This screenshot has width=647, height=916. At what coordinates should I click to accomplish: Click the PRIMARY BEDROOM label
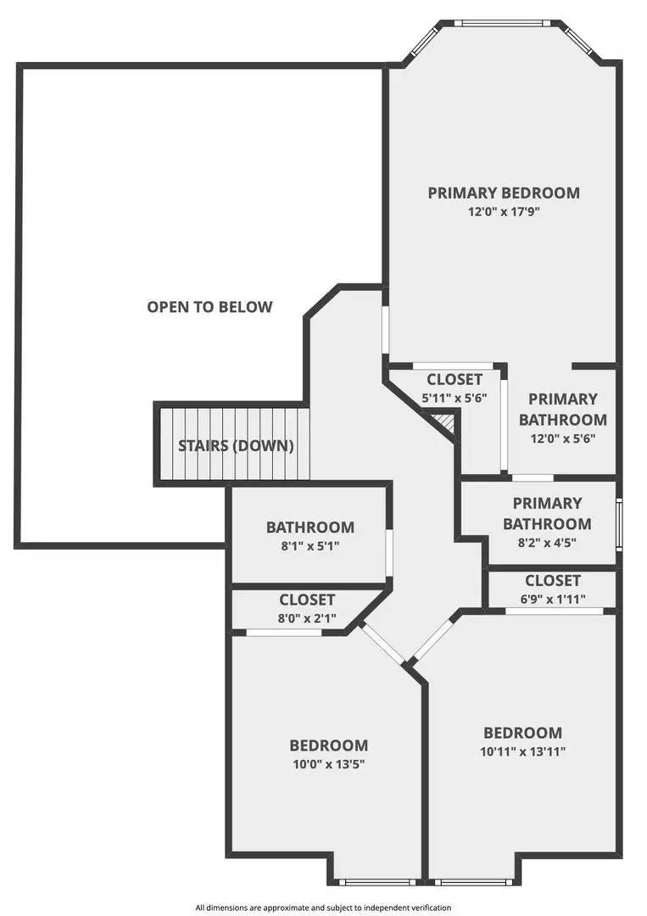(504, 193)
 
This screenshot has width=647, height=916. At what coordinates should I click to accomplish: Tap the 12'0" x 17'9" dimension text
(504, 212)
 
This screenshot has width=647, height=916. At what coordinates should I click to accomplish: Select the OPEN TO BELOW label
(210, 307)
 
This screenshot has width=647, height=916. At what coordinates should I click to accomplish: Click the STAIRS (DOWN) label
(236, 445)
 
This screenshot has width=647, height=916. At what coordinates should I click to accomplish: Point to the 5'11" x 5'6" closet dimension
(454, 397)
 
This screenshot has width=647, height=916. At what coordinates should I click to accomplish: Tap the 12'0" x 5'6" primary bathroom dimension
(562, 439)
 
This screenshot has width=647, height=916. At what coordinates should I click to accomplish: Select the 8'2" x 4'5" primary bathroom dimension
(546, 544)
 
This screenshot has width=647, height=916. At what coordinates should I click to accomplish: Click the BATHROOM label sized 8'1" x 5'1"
(310, 527)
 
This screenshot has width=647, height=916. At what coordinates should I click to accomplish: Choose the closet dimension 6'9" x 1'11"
(552, 599)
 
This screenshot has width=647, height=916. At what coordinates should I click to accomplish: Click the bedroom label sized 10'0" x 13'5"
(329, 746)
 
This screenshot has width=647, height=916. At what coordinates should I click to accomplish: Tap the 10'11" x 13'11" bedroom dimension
(523, 751)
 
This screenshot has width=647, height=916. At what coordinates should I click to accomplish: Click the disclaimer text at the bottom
(323, 907)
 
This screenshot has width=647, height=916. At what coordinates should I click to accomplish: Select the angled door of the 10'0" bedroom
(382, 642)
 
